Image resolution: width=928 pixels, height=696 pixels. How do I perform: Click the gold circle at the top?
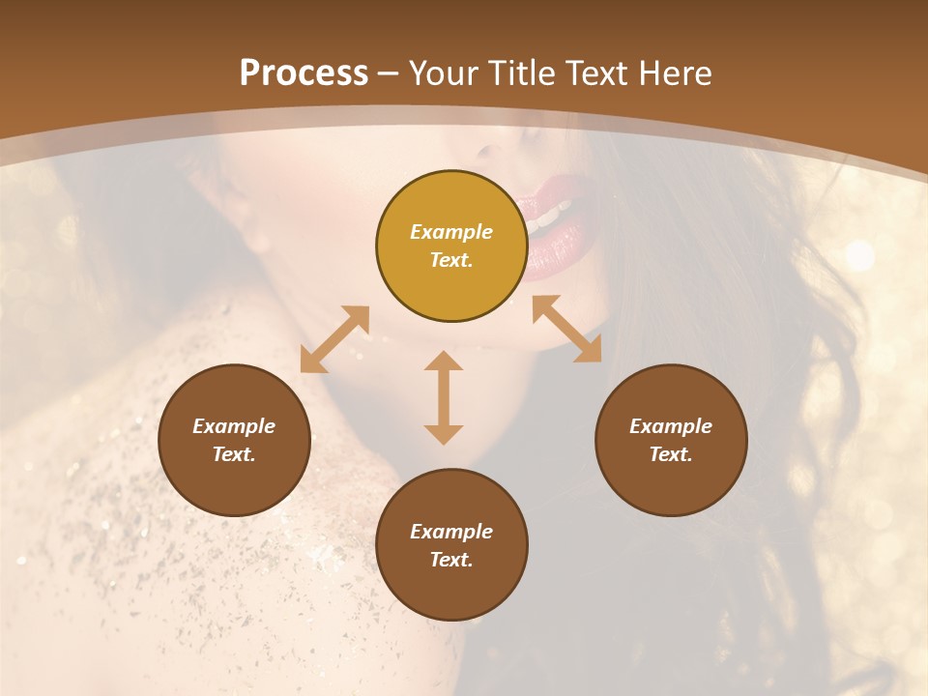point(451,246)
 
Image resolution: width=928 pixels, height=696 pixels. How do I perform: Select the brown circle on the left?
point(234,440)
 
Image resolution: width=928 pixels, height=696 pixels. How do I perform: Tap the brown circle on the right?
point(671,440)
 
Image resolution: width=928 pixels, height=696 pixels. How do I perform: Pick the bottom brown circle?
point(451,545)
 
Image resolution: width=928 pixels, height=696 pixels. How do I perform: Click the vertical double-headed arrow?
point(444,397)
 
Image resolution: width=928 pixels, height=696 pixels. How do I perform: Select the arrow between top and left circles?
point(334,339)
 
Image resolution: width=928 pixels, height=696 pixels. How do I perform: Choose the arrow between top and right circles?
point(566,329)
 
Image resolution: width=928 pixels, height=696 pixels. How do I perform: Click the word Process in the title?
point(304,72)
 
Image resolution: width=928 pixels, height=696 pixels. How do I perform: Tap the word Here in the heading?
point(677,72)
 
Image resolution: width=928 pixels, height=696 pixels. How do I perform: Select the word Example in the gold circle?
point(451,232)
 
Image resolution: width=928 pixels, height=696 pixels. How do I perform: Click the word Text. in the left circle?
point(234,454)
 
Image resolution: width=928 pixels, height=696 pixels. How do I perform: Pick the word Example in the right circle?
point(671,426)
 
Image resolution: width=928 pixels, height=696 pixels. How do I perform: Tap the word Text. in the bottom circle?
point(451,560)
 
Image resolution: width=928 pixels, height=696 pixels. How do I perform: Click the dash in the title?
point(389,73)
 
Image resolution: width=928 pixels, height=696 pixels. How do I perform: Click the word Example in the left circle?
point(234,426)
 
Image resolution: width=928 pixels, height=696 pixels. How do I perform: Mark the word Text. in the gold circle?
point(451,260)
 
